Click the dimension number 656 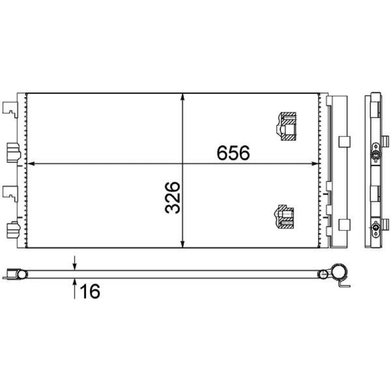pyautogui.click(x=233, y=152)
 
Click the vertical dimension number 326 pyautogui.click(x=173, y=197)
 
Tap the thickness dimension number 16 pyautogui.click(x=90, y=291)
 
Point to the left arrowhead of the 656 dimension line pyautogui.click(x=30, y=164)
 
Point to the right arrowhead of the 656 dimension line pyautogui.click(x=315, y=164)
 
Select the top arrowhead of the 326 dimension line pyautogui.click(x=183, y=97)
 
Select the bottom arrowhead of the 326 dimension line pyautogui.click(x=183, y=244)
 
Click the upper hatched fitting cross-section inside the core pyautogui.click(x=286, y=126)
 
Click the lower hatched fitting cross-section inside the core pyautogui.click(x=284, y=217)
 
